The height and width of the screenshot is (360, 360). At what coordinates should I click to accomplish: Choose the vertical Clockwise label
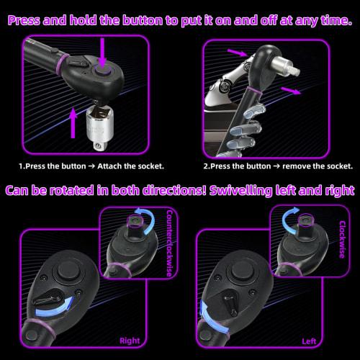[x=341, y=231]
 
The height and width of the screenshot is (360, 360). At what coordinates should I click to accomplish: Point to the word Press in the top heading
[x=30, y=21]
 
